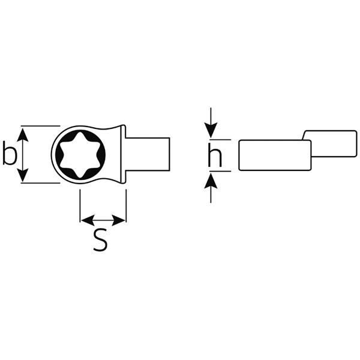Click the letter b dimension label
(x=10, y=153)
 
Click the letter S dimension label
(x=100, y=239)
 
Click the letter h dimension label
(x=215, y=155)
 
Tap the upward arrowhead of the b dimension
(x=23, y=135)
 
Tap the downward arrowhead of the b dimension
(x=23, y=175)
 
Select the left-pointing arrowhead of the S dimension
(x=88, y=220)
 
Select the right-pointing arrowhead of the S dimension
(x=118, y=220)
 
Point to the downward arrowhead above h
(x=211, y=130)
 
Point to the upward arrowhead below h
(x=211, y=181)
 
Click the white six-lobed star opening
(x=79, y=155)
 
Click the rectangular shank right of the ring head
(x=148, y=154)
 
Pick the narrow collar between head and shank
(x=123, y=154)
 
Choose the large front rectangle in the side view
(x=275, y=155)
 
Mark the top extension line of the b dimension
(x=40, y=126)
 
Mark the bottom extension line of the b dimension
(x=40, y=183)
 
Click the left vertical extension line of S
(x=80, y=206)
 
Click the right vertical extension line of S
(x=126, y=206)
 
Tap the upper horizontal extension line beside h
(x=220, y=139)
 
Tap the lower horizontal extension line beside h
(x=220, y=171)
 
